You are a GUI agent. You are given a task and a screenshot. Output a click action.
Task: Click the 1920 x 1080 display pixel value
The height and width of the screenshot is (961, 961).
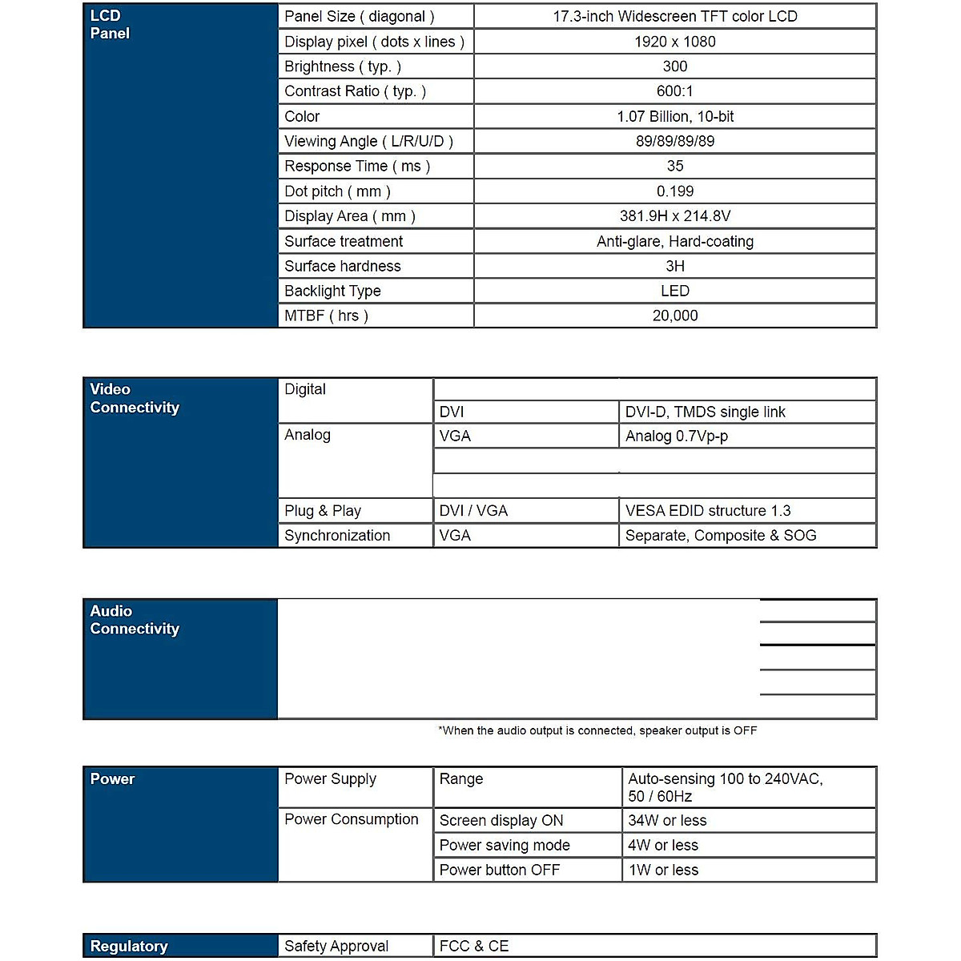coord(674,42)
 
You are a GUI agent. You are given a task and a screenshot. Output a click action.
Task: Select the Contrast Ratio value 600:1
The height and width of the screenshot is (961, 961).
coord(674,91)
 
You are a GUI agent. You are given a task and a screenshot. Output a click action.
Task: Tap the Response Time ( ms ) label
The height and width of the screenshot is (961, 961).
coord(357,166)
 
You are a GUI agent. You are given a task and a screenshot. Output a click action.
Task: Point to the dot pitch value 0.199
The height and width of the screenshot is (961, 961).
coord(674,191)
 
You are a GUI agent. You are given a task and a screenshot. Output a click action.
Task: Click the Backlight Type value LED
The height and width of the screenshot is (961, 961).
coord(674,291)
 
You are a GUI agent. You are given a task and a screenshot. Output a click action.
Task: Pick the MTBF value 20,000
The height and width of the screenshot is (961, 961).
coord(674,316)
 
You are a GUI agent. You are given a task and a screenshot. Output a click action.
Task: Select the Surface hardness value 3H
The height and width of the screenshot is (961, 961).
coord(674,266)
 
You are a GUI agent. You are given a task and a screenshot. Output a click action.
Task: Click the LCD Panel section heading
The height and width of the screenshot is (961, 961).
coord(110,24)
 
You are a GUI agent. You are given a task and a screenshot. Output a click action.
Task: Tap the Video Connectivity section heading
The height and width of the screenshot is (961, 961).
coord(135,398)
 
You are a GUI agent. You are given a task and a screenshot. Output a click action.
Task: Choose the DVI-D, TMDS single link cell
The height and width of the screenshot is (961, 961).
coord(705,412)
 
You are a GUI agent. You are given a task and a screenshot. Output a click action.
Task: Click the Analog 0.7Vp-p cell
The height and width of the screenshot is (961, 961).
coord(676,436)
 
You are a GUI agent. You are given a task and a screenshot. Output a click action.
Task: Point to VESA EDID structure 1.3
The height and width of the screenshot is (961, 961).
coord(707,511)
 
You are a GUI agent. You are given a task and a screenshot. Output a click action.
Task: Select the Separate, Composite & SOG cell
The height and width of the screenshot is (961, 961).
coord(720,536)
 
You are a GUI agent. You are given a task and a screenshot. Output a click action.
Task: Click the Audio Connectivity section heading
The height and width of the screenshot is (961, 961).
coord(135,620)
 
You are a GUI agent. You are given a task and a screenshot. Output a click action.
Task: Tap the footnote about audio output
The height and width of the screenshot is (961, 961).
coord(597,730)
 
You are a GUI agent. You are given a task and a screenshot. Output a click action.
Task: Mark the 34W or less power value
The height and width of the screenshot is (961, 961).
coord(667,820)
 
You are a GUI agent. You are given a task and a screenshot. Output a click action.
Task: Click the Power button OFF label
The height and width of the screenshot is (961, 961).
coord(499,870)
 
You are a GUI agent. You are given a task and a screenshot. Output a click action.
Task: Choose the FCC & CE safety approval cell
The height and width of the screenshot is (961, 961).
coord(473,946)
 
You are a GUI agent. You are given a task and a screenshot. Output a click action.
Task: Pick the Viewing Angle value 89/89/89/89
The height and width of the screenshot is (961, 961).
coord(674,141)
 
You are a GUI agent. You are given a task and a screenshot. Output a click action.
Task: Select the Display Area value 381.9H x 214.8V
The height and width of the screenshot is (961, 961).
coord(674,216)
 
